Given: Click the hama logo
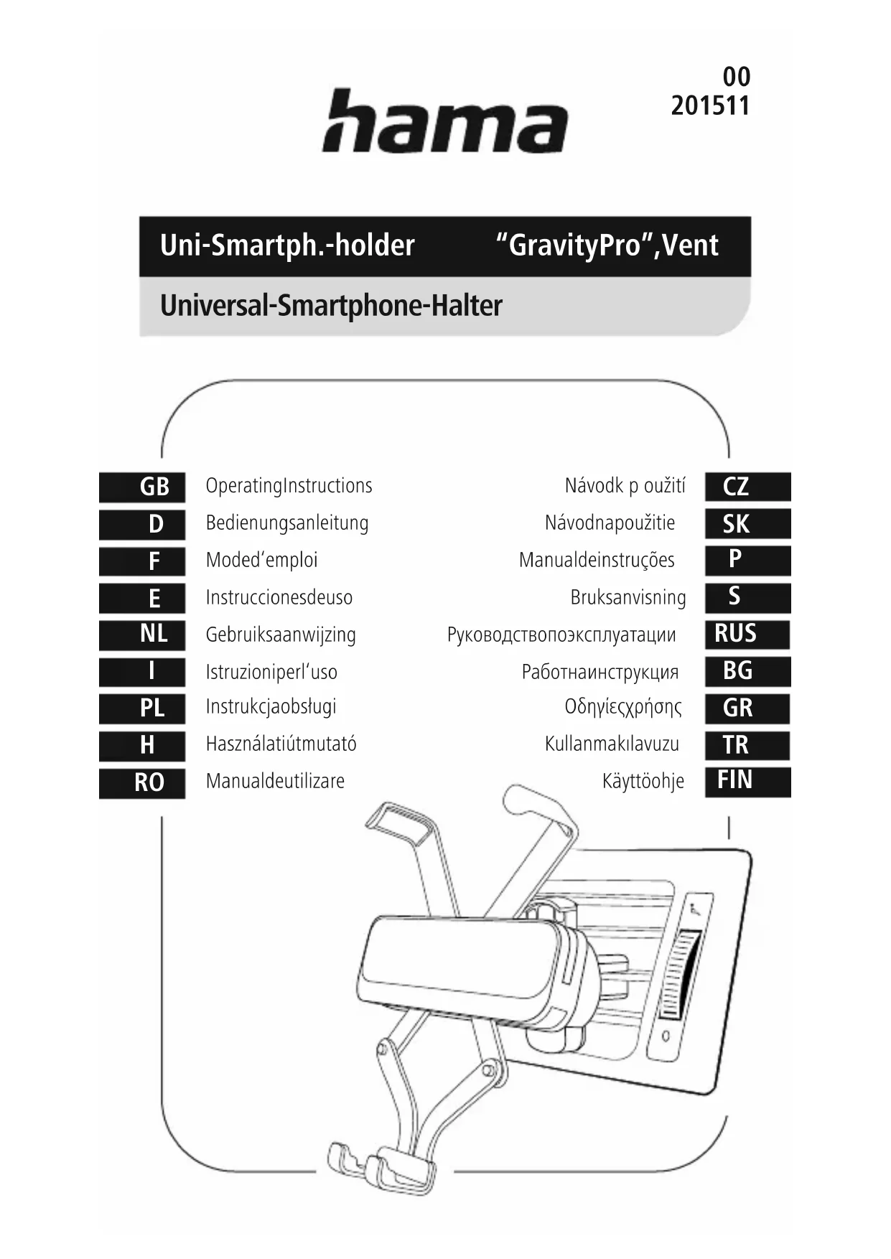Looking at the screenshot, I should pos(445,121).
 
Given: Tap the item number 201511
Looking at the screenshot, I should pos(710,106).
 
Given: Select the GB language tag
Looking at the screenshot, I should pos(142,487).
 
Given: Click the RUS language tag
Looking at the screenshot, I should pos(747,634).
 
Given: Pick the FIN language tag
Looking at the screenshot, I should pos(747,781).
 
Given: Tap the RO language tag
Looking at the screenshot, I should pos(142,782).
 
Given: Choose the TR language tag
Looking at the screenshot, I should pos(747,745).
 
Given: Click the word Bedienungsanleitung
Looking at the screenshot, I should pos(287,523).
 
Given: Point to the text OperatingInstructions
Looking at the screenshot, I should pos(289,486).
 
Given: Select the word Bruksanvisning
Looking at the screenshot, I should pos(628,598).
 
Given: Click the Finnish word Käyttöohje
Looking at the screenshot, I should pos(643,781).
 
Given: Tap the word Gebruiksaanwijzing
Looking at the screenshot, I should pos(281,635).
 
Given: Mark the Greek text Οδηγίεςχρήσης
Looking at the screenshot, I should pos(623,707).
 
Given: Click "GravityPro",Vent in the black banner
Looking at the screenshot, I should pos(607,245).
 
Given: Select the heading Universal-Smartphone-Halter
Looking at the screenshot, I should pos(331,306).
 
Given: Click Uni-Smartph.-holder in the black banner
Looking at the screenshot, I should pos(287,245).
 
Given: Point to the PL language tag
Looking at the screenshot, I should pos(142,708).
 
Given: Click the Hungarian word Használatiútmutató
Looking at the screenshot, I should pos(281,744).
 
